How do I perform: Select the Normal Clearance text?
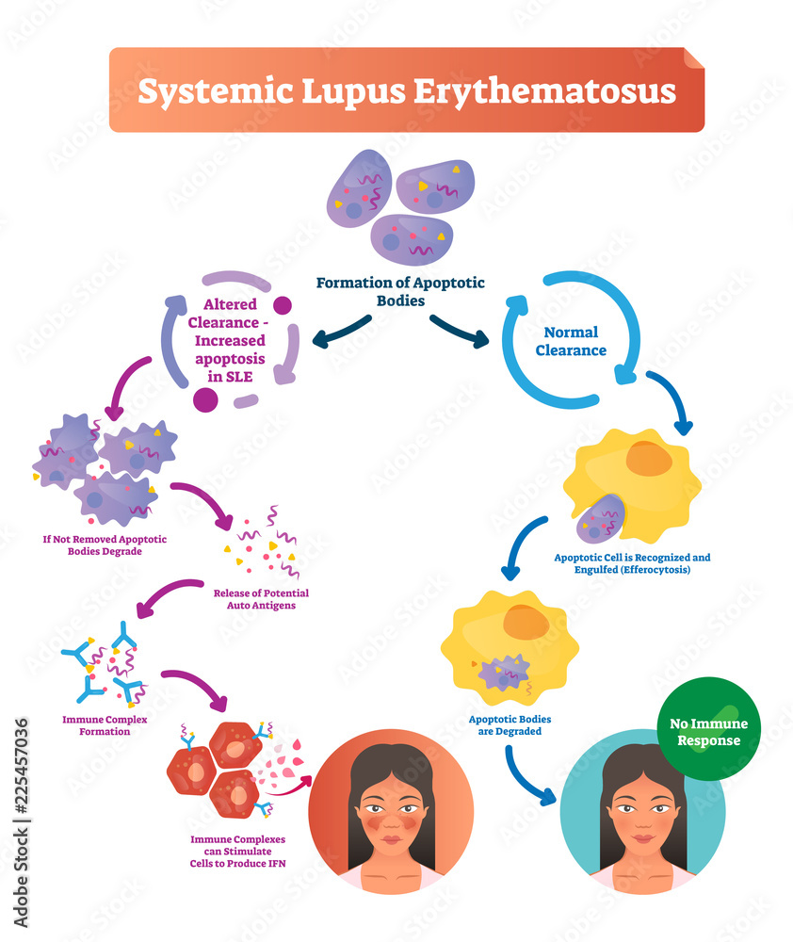(571, 341)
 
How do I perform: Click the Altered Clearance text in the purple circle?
(235, 333)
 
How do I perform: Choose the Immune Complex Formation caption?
(105, 724)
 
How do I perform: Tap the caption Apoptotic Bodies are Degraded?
(510, 724)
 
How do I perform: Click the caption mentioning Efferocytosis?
(632, 564)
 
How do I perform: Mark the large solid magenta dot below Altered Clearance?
(206, 399)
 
